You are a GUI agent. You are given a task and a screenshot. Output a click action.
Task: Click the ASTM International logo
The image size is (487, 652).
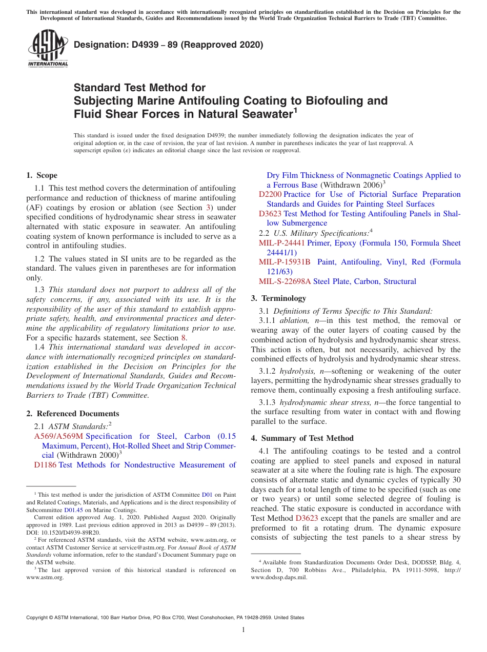tap(47, 48)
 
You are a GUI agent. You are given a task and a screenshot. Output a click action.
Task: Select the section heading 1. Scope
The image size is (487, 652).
tap(42, 175)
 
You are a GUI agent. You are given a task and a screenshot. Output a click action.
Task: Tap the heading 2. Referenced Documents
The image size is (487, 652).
tap(73, 413)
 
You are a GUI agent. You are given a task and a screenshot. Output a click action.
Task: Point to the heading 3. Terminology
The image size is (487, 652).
tap(278, 298)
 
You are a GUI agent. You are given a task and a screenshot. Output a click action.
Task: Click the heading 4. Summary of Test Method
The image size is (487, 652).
tap(302, 438)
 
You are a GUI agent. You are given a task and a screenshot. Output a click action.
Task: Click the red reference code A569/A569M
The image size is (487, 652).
tap(58, 436)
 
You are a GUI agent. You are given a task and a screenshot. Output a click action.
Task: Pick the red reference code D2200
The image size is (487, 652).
tap(270, 194)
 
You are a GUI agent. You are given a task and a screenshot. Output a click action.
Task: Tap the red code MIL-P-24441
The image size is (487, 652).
tap(282, 243)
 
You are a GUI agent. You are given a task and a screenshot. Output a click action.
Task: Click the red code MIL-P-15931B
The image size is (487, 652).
tap(285, 262)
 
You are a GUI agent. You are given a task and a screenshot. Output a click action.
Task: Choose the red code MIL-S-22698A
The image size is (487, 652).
tap(285, 281)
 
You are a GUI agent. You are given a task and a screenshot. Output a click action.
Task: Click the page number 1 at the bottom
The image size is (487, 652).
tap(243, 630)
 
